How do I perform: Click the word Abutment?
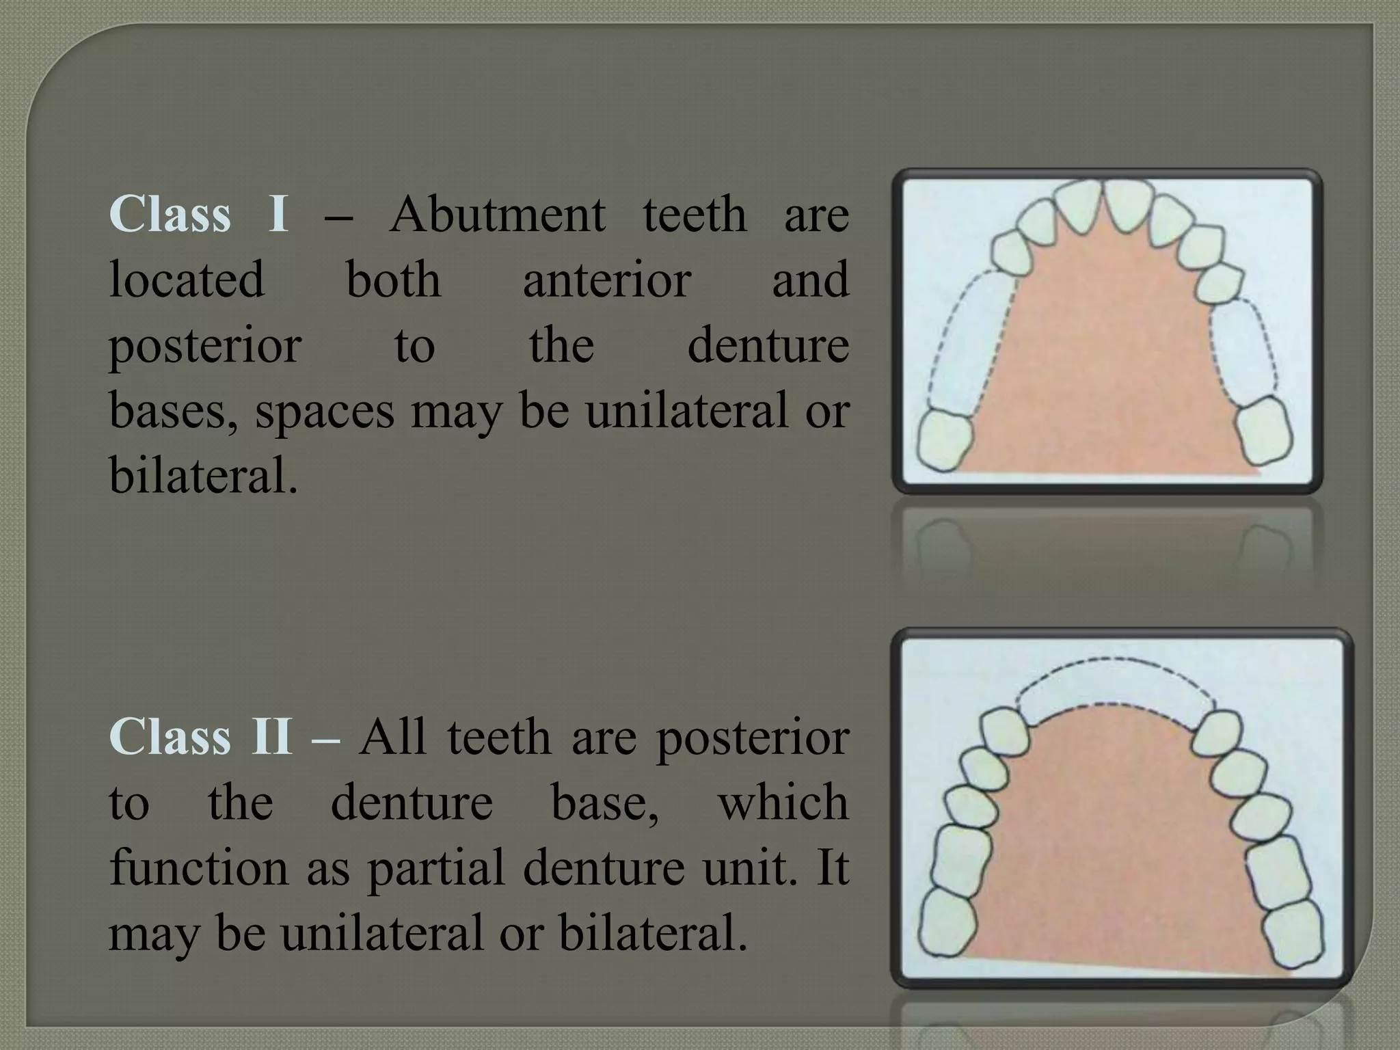[497, 214]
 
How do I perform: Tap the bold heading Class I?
[198, 214]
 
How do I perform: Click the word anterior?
[607, 280]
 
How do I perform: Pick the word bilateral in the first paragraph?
[203, 476]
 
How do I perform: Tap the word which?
[783, 802]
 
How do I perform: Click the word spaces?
[325, 412]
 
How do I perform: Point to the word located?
[187, 280]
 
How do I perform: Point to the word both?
[393, 280]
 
